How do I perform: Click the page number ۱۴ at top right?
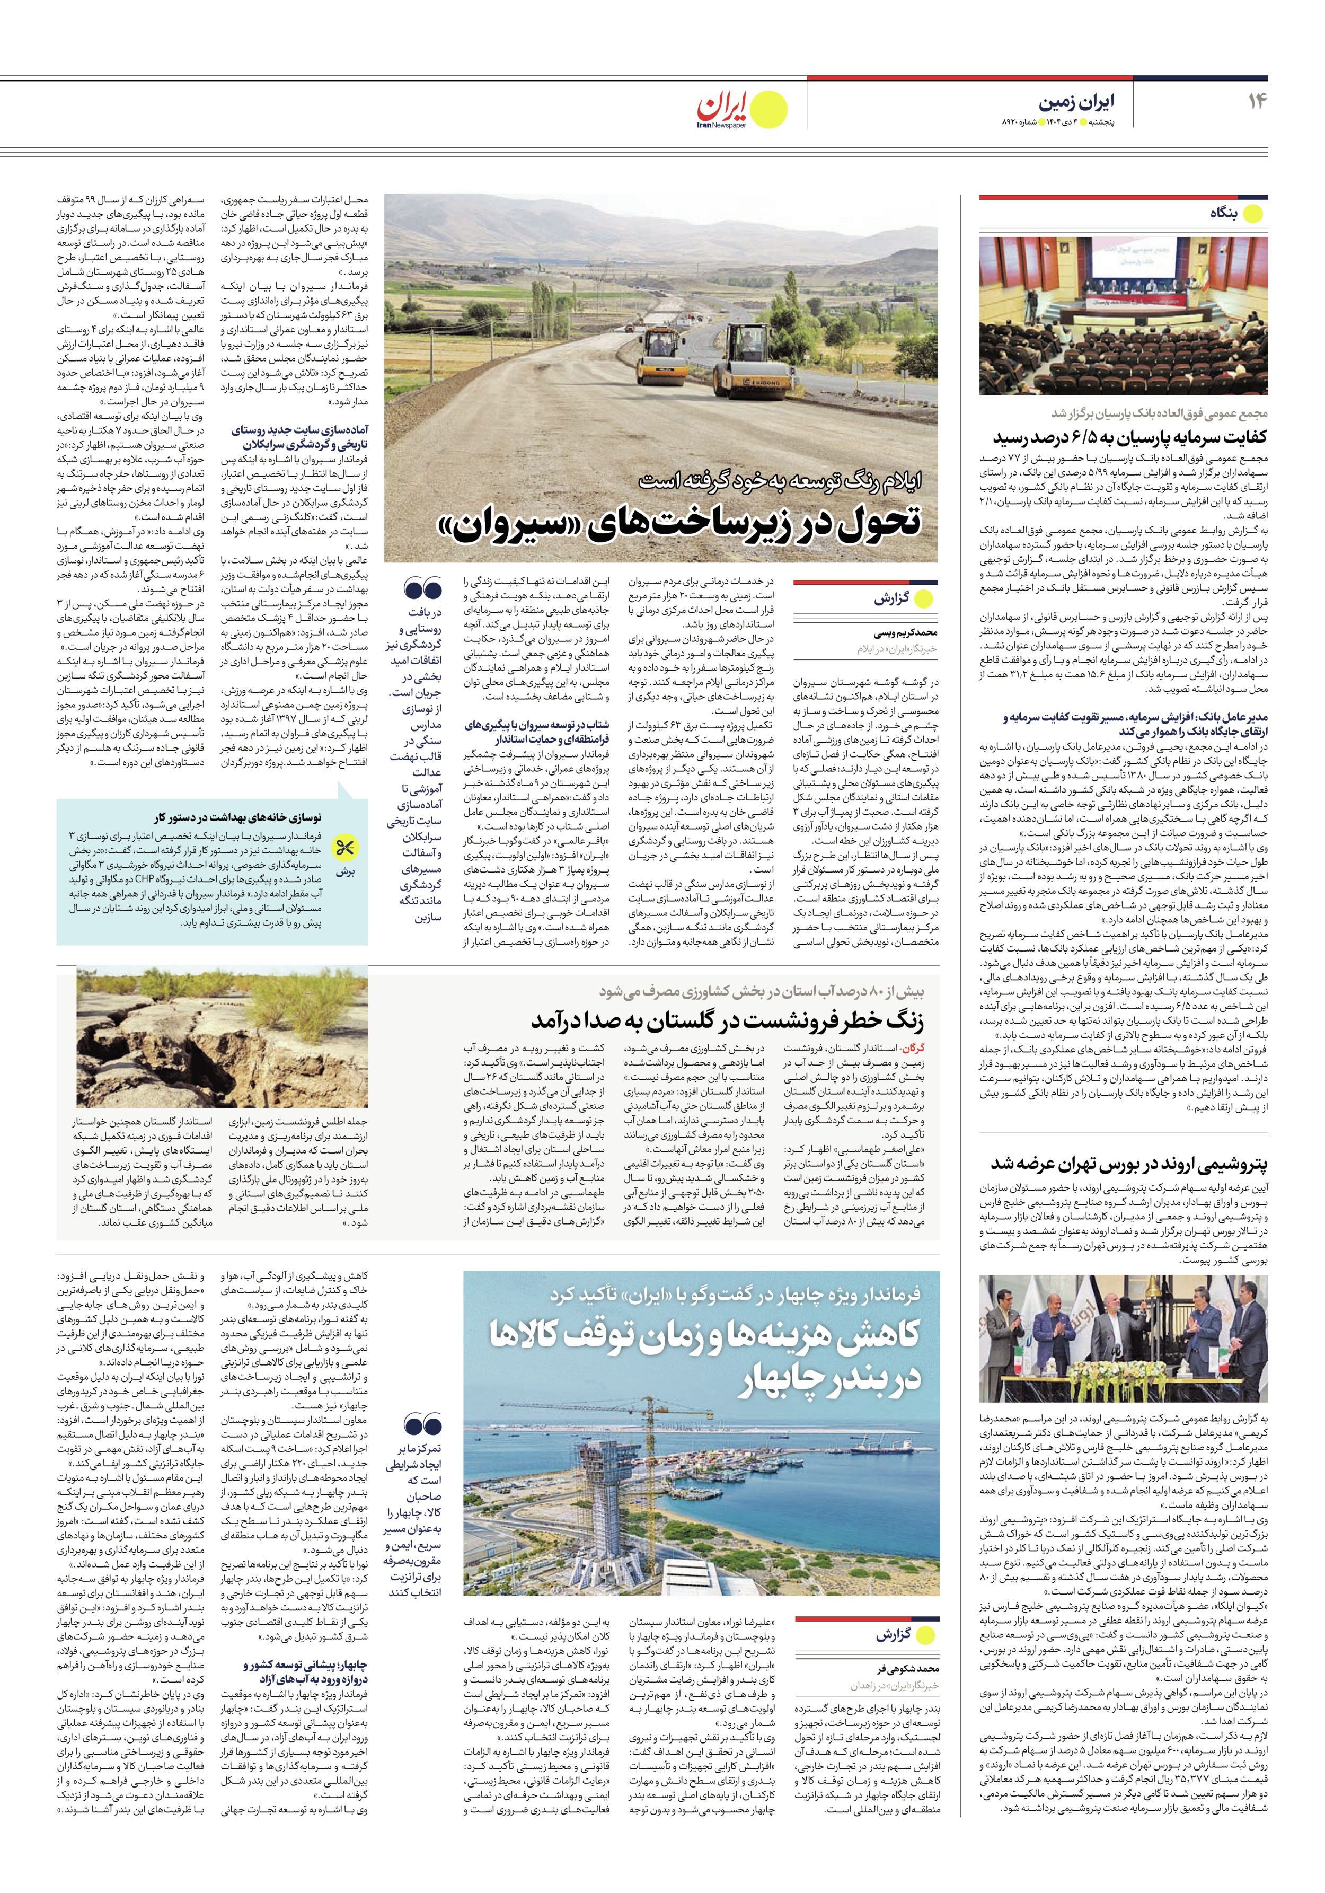pyautogui.click(x=1257, y=101)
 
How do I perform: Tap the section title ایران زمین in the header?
pyautogui.click(x=1076, y=102)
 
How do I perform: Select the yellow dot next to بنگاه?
pyautogui.click(x=1252, y=214)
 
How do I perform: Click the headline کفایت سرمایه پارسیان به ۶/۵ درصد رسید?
pyautogui.click(x=1129, y=437)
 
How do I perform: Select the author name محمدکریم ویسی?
pyautogui.click(x=905, y=632)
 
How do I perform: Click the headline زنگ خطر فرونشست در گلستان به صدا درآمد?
pyautogui.click(x=727, y=1020)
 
